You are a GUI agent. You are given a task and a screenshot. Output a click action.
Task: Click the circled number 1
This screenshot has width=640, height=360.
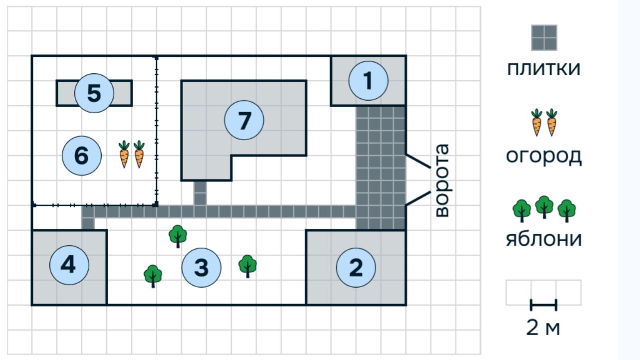[x=368, y=81]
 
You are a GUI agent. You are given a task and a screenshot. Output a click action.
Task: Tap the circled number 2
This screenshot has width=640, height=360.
[x=356, y=268]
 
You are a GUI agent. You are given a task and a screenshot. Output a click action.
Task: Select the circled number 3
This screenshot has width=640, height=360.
[x=201, y=268]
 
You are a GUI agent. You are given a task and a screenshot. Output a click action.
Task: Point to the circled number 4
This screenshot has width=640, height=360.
[x=69, y=265]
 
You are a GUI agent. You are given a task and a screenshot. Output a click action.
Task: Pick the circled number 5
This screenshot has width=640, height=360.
[x=94, y=93]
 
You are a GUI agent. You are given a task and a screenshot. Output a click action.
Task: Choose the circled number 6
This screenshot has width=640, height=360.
[x=81, y=156]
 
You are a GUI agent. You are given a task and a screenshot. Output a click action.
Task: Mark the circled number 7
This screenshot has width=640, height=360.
[x=244, y=120]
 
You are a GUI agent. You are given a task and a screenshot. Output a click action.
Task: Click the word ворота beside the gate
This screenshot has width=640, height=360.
[x=441, y=180]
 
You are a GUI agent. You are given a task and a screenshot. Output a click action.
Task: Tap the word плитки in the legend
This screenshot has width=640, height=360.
[x=544, y=68]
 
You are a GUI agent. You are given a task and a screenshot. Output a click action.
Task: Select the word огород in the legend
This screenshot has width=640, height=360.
[x=544, y=156]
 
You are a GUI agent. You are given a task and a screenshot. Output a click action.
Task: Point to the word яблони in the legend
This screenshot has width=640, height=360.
[x=544, y=239]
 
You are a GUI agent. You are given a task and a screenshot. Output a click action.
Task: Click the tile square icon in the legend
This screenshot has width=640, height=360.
[x=544, y=37]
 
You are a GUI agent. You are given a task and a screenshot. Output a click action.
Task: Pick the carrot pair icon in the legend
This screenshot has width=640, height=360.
[x=544, y=122]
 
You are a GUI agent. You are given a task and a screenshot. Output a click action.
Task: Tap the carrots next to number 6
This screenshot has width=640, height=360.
[x=132, y=154]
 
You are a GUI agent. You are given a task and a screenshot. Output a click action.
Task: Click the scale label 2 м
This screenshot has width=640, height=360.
[x=543, y=328]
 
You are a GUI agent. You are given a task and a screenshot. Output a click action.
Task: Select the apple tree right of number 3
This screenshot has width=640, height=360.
[x=247, y=266]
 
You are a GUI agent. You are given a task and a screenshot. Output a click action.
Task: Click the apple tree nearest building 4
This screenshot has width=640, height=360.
[x=153, y=276]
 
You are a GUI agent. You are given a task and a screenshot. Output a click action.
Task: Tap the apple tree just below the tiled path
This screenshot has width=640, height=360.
[x=178, y=235]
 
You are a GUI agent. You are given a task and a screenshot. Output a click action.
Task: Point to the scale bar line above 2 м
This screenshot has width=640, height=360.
[x=543, y=305]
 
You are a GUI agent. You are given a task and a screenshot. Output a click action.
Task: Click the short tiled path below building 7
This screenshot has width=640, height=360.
[x=200, y=193]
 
